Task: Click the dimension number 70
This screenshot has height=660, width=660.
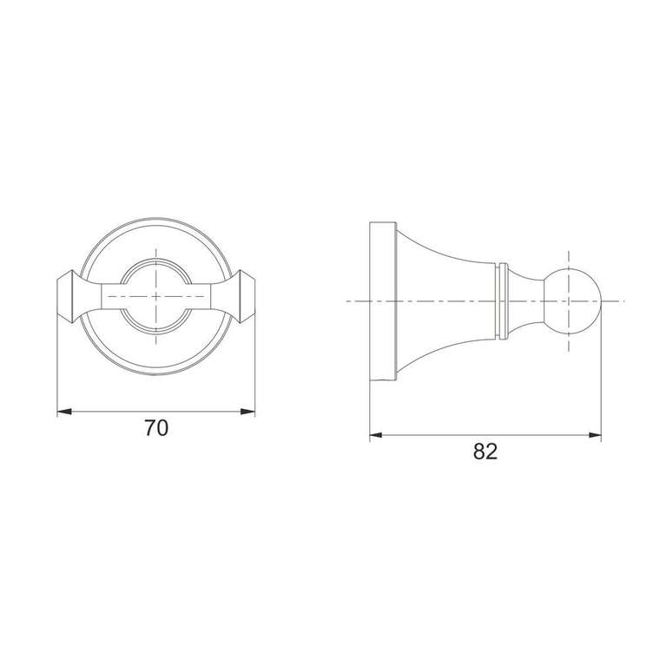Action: point(156,428)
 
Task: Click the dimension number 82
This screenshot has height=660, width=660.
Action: point(485,452)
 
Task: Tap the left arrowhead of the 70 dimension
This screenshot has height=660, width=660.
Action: point(64,412)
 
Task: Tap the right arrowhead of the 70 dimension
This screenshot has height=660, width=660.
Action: point(247,412)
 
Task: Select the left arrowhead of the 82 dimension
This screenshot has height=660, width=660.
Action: point(376,435)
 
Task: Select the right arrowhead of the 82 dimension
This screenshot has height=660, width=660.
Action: point(595,435)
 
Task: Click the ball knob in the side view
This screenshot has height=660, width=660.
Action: point(572,301)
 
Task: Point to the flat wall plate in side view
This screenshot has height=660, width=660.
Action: point(383,301)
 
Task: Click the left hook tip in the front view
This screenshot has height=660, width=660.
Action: point(66,297)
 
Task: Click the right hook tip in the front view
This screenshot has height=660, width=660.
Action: point(247,297)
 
